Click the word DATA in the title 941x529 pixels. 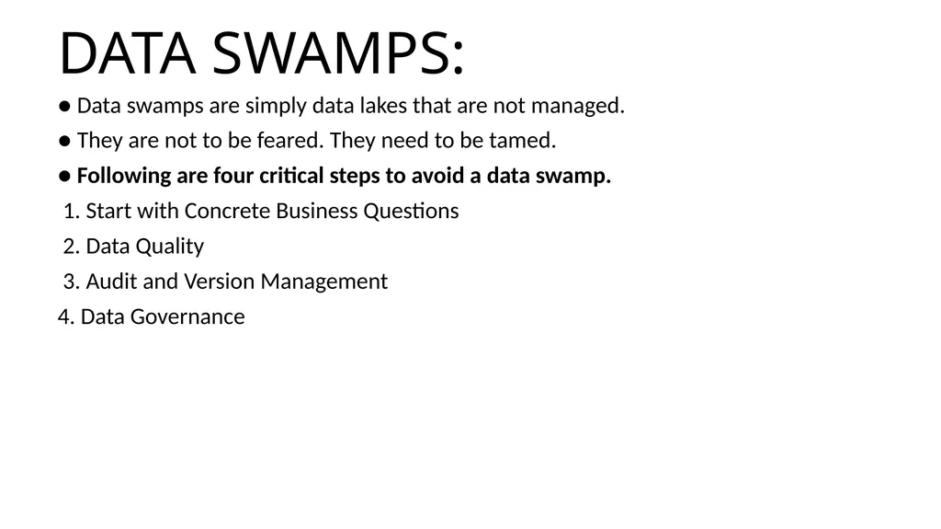coord(127,53)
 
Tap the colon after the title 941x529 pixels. coord(459,58)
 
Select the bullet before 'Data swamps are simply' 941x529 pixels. coord(65,107)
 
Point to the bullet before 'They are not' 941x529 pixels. coord(65,142)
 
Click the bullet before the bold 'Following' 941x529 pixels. coord(65,177)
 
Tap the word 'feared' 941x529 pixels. coord(289,140)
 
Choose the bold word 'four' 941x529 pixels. coord(233,176)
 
